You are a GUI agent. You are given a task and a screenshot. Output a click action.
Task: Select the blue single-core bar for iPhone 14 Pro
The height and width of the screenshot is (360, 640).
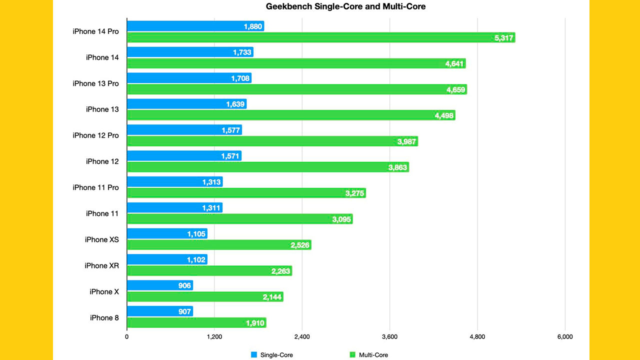click(195, 26)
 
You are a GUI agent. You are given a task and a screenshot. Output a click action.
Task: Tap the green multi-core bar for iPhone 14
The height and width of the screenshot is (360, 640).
click(296, 63)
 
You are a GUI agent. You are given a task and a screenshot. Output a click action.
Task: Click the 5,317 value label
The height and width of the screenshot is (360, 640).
click(503, 38)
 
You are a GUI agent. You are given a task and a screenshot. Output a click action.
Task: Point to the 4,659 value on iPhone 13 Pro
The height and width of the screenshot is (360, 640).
click(455, 90)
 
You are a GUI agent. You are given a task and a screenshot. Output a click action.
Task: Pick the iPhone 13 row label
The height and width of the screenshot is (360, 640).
click(102, 109)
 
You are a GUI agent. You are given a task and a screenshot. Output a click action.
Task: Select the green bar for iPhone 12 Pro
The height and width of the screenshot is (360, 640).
click(272, 141)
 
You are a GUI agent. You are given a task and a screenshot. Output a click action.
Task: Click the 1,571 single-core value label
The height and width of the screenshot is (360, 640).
click(230, 156)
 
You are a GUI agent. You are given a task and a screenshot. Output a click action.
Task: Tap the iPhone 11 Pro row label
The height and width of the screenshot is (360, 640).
click(95, 187)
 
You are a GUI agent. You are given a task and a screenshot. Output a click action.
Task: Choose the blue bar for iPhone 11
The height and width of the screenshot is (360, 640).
click(174, 208)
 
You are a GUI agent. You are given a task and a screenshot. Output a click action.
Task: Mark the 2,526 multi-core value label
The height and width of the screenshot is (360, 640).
click(300, 245)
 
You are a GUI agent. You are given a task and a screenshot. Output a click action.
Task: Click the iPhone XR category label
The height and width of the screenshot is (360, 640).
click(101, 265)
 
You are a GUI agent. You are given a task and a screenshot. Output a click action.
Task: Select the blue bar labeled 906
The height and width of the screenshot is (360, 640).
click(159, 285)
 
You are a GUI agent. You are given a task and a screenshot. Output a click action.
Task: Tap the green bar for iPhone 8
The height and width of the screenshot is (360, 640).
click(196, 323)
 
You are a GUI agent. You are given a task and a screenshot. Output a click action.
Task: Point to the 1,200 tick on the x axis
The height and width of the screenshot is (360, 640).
click(214, 337)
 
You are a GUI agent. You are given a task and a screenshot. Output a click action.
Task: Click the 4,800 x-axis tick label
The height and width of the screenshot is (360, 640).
click(477, 337)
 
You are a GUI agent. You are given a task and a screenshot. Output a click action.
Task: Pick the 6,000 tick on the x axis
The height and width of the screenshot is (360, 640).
click(564, 337)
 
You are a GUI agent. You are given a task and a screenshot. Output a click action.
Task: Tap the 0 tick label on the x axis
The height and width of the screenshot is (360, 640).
click(127, 337)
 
